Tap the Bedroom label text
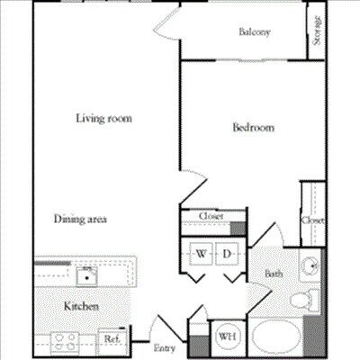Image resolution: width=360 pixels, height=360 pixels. (x=253, y=128)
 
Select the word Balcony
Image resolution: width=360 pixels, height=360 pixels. (x=255, y=32)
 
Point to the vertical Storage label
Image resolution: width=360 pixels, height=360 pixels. (x=318, y=31)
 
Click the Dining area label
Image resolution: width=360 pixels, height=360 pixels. (x=81, y=219)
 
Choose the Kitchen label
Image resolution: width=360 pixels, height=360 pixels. (x=81, y=307)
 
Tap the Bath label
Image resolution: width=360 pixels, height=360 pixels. (x=274, y=274)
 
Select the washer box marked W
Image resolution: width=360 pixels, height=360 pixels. (x=200, y=255)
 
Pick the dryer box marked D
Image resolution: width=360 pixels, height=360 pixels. (x=228, y=255)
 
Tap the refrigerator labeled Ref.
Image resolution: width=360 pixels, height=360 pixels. (x=112, y=338)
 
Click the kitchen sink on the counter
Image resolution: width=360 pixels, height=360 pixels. (x=86, y=272)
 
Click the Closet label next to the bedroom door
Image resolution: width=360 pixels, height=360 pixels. (x=211, y=216)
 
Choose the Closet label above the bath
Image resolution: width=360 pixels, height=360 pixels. (x=312, y=220)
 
